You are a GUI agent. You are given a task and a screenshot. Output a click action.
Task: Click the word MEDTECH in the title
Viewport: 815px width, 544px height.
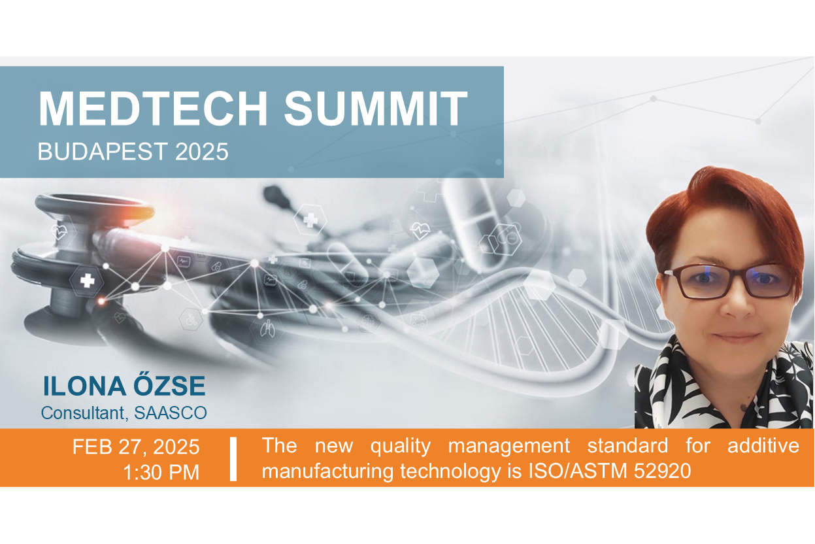pyautogui.click(x=153, y=109)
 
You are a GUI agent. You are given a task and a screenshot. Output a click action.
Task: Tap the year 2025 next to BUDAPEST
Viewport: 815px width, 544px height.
pyautogui.click(x=201, y=152)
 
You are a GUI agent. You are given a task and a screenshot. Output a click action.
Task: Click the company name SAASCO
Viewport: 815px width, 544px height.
pyautogui.click(x=171, y=413)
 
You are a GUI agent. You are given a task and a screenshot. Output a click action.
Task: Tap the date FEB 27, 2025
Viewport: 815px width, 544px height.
pyautogui.click(x=136, y=447)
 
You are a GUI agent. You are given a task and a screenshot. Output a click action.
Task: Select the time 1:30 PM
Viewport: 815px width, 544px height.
pyautogui.click(x=161, y=472)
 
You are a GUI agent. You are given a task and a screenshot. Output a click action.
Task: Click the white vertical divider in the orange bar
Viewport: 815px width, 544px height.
pyautogui.click(x=233, y=459)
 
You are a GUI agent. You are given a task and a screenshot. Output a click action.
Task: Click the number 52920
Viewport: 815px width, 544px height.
pyautogui.click(x=663, y=471)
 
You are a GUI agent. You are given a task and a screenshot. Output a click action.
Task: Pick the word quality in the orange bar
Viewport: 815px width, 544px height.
pyautogui.click(x=401, y=447)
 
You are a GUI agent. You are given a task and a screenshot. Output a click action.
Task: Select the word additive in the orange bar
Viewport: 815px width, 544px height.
pyautogui.click(x=763, y=445)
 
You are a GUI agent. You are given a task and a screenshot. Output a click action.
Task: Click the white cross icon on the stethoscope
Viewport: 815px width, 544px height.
pyautogui.click(x=88, y=280)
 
